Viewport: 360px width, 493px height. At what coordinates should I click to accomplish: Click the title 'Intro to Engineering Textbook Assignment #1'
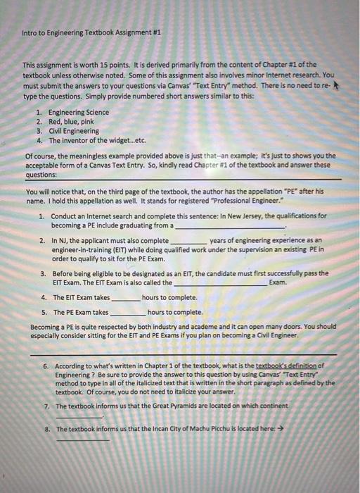[x=91, y=33]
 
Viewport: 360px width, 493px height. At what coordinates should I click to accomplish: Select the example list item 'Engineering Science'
[x=78, y=112]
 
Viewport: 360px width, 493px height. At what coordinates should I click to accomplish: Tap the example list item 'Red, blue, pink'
[x=72, y=121]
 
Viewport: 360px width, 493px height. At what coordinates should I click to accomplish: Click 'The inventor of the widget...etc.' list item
[x=96, y=139]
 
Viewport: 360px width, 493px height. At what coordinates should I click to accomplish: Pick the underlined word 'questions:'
[x=41, y=175]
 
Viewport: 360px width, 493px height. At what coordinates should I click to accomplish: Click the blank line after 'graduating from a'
[x=230, y=227]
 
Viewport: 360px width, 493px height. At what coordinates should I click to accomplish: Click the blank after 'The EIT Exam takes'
[x=126, y=299]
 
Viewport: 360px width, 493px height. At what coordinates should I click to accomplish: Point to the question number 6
[x=45, y=366]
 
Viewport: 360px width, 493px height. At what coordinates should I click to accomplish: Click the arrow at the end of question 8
[x=279, y=429]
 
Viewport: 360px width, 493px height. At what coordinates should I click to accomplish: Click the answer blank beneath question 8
[x=83, y=440]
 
